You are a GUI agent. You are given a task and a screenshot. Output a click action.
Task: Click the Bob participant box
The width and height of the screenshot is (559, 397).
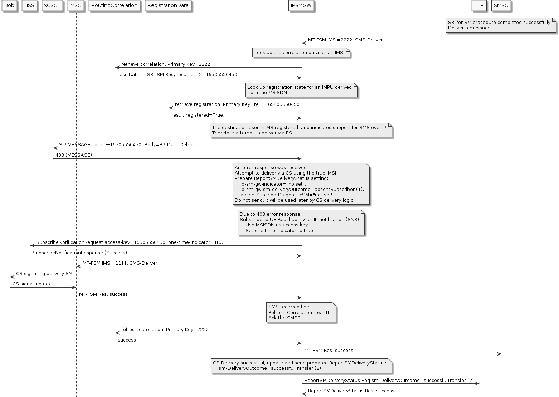pyautogui.click(x=10, y=6)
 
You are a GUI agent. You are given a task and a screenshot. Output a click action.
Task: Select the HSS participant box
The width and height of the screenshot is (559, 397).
pyautogui.click(x=30, y=6)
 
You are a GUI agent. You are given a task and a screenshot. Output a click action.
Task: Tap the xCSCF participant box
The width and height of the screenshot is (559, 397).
pyautogui.click(x=53, y=6)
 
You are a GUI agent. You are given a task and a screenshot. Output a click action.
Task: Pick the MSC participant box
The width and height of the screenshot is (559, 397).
pyautogui.click(x=76, y=6)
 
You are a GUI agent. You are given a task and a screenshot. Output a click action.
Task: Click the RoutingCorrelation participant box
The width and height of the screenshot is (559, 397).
pyautogui.click(x=115, y=6)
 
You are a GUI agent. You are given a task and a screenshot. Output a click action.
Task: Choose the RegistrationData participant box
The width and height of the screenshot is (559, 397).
pyautogui.click(x=168, y=6)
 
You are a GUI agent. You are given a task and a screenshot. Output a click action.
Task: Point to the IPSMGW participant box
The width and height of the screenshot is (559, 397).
pyautogui.click(x=301, y=6)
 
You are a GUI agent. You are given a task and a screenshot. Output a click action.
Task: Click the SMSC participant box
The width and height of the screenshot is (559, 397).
pyautogui.click(x=501, y=6)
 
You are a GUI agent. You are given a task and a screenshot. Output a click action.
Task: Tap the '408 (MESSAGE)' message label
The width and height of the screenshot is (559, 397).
pyautogui.click(x=74, y=155)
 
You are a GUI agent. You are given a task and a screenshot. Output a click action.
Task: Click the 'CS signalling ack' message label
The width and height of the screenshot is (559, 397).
pyautogui.click(x=32, y=284)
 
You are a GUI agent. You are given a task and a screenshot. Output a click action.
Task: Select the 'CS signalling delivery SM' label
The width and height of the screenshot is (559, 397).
pyautogui.click(x=44, y=274)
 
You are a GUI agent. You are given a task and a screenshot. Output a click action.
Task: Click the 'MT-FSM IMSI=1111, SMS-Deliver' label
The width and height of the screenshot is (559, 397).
pyautogui.click(x=120, y=263)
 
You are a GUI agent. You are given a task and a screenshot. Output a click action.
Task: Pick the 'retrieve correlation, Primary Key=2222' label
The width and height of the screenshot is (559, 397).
pyautogui.click(x=165, y=64)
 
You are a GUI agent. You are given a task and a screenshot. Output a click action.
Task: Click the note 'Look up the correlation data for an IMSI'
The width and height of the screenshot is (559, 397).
pyautogui.click(x=301, y=53)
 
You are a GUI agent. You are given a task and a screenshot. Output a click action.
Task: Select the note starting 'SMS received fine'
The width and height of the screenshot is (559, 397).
pyautogui.click(x=301, y=312)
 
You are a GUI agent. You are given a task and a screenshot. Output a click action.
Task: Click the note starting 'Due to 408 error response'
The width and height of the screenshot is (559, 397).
pyautogui.click(x=301, y=222)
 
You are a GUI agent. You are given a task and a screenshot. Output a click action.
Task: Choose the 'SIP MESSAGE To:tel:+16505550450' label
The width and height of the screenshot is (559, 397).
pyautogui.click(x=127, y=145)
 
